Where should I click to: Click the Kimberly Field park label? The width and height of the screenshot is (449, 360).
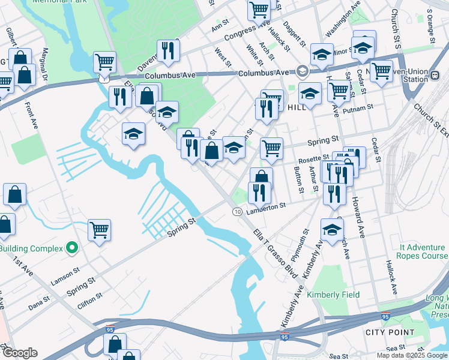pos(333,295)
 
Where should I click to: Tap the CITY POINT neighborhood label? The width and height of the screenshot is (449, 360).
pos(390,332)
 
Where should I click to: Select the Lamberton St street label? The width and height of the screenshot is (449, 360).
pos(264,206)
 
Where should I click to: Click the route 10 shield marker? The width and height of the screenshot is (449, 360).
pos(237,212)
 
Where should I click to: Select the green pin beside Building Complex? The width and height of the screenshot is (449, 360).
pos(72,247)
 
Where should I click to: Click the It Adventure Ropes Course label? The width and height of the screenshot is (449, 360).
pos(424,251)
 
